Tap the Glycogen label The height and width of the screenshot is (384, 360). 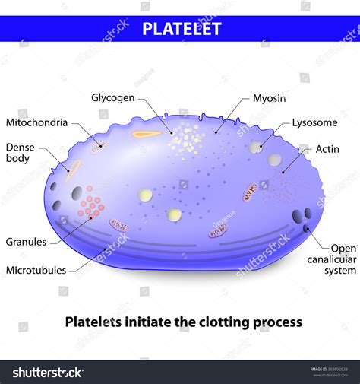point(113,98)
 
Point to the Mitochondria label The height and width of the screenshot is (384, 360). point(36,122)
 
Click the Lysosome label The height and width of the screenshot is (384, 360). point(314,122)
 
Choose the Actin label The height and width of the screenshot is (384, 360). point(328,148)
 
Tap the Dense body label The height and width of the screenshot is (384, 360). point(21,154)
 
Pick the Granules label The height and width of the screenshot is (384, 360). point(26,242)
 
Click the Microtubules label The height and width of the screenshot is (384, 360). point(36,269)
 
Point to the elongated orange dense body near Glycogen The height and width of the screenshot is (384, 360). point(146,135)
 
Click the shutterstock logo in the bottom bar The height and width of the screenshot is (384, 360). point(47,372)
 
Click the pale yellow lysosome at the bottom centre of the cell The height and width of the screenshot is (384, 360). point(175,215)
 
